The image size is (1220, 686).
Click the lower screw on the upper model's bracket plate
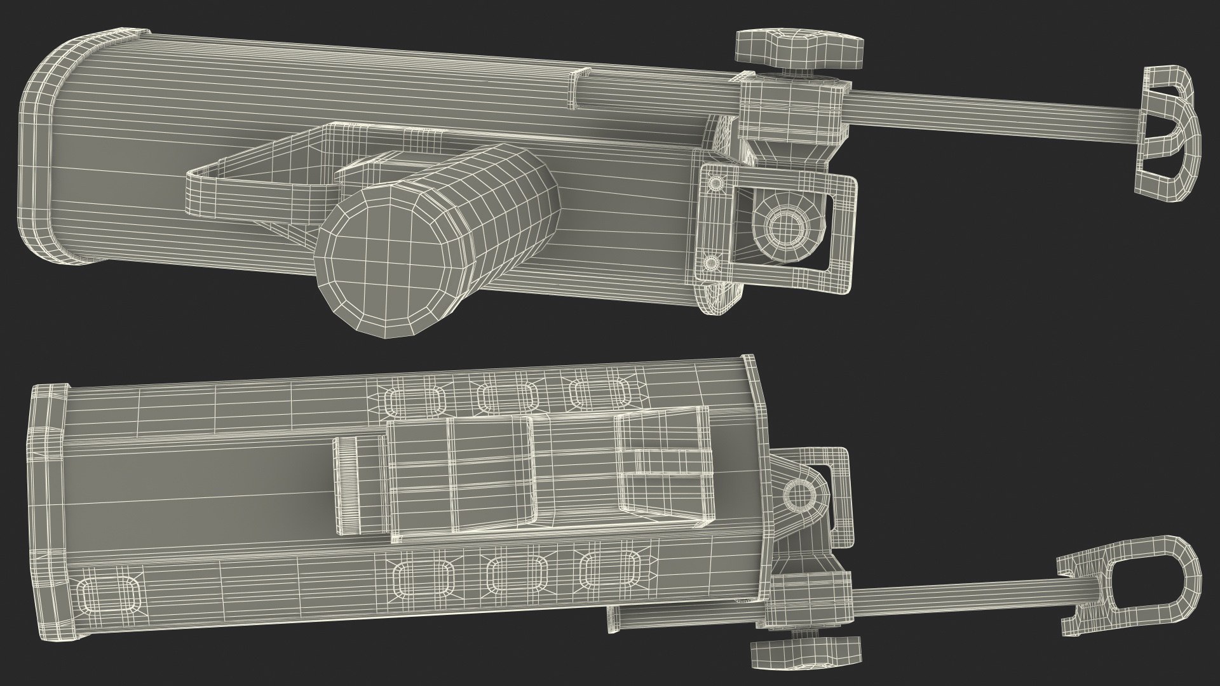coord(712,261)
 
